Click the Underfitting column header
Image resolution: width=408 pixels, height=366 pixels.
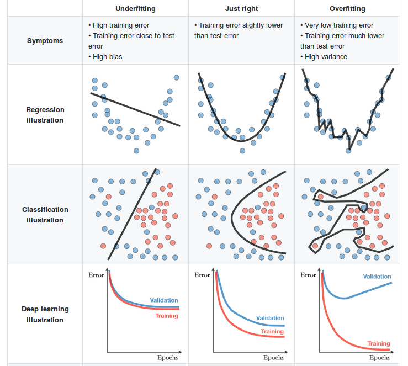click(135, 9)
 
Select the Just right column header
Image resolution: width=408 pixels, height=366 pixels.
click(241, 9)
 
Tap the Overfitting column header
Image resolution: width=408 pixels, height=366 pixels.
click(347, 9)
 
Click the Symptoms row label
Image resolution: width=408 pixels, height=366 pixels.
click(45, 41)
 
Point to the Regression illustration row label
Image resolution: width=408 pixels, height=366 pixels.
click(45, 115)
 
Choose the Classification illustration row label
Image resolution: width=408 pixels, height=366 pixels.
click(45, 215)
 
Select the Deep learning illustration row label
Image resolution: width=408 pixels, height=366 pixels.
click(45, 315)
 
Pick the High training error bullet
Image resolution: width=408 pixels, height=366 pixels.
click(120, 25)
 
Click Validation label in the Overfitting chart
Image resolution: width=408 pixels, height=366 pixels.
click(377, 277)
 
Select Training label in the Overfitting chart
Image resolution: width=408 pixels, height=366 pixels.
click(379, 343)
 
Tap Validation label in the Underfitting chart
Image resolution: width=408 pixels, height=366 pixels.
click(164, 300)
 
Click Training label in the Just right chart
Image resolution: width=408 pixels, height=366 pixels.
click(272, 332)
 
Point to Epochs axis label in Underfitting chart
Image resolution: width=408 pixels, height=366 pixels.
click(168, 358)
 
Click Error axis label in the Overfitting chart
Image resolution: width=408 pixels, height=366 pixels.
click(308, 275)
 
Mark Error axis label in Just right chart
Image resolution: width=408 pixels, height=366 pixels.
click(202, 275)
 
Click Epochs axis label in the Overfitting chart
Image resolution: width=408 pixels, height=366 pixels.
click(380, 358)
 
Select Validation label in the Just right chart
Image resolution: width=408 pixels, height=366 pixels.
click(270, 318)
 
